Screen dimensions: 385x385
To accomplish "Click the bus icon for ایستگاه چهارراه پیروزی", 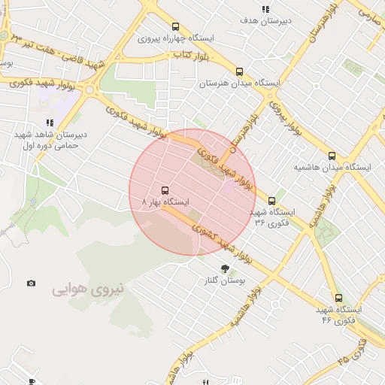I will [x=176, y=26].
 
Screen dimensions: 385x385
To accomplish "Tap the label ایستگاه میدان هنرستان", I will [x=239, y=83].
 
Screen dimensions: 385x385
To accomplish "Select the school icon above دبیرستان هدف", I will [x=265, y=9].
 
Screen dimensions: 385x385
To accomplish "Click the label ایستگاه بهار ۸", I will [x=165, y=202].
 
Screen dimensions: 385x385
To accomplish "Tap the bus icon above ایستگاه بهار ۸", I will [x=165, y=190].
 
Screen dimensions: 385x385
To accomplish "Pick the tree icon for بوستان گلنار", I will [x=225, y=268].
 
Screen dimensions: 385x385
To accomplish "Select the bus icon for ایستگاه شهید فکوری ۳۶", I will [x=272, y=201].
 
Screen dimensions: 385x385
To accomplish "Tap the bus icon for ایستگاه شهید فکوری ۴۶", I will [x=338, y=298].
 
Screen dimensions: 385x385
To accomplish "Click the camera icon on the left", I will [x=31, y=283].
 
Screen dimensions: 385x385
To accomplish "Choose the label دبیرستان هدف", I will [x=264, y=21].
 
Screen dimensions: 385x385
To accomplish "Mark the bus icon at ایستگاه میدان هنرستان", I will [x=239, y=71].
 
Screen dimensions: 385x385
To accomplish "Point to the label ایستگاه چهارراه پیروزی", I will [x=176, y=38].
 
